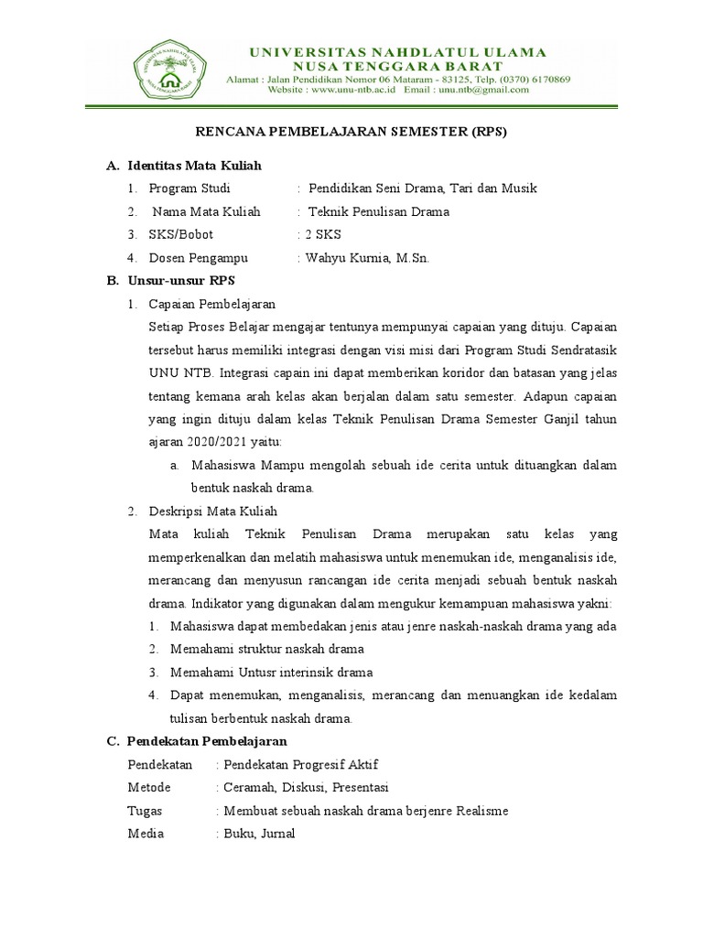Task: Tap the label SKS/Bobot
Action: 182,234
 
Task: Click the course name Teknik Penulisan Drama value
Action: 380,211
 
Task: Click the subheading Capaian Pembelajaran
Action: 212,304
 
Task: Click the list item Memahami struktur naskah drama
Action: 267,649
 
